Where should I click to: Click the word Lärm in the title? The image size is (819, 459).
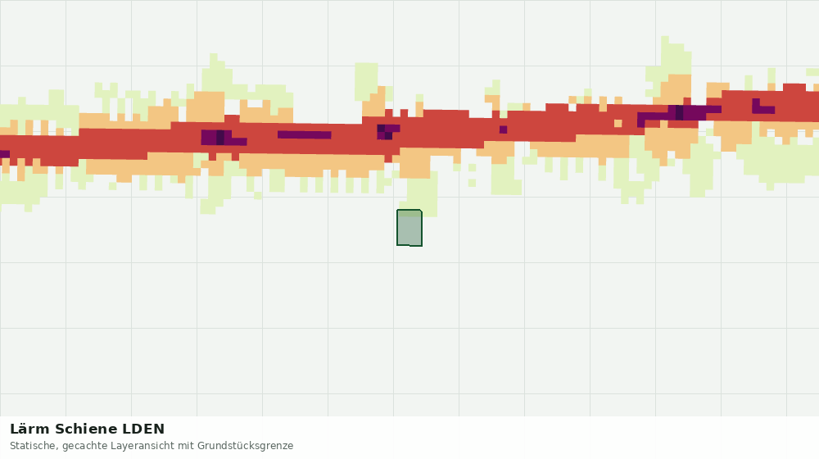coord(29,429)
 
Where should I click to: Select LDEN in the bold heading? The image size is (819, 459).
coord(143,429)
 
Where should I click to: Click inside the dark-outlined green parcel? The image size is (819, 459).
coord(409,230)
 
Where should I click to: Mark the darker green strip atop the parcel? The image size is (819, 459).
coord(409,213)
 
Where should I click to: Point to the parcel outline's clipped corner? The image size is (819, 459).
coord(420,211)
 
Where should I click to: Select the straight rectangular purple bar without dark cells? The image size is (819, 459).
coord(304,135)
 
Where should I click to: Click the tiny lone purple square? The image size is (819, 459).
coord(503,130)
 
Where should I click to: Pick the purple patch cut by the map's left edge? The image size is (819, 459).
coord(5,154)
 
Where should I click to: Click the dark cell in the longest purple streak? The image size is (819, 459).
coord(679,112)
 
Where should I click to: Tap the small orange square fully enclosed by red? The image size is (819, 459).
coord(618,124)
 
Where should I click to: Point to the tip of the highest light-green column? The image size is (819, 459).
coord(665,37)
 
